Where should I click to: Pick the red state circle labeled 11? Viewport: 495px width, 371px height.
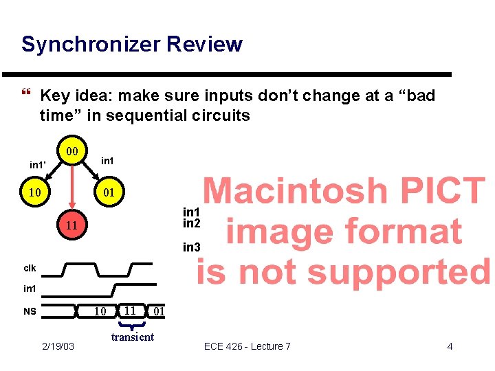[70, 226]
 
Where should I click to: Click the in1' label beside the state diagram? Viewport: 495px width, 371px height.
[38, 165]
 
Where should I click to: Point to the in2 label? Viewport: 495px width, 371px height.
[191, 223]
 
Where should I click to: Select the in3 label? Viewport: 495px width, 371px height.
[191, 247]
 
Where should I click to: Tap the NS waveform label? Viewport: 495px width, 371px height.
[30, 311]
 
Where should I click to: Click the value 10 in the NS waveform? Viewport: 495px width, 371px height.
[100, 311]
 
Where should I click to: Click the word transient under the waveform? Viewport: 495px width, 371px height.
[133, 337]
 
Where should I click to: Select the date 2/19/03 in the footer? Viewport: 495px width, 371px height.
[58, 346]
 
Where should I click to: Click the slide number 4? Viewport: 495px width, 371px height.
[450, 346]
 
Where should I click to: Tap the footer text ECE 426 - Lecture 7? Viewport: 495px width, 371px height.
[247, 346]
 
